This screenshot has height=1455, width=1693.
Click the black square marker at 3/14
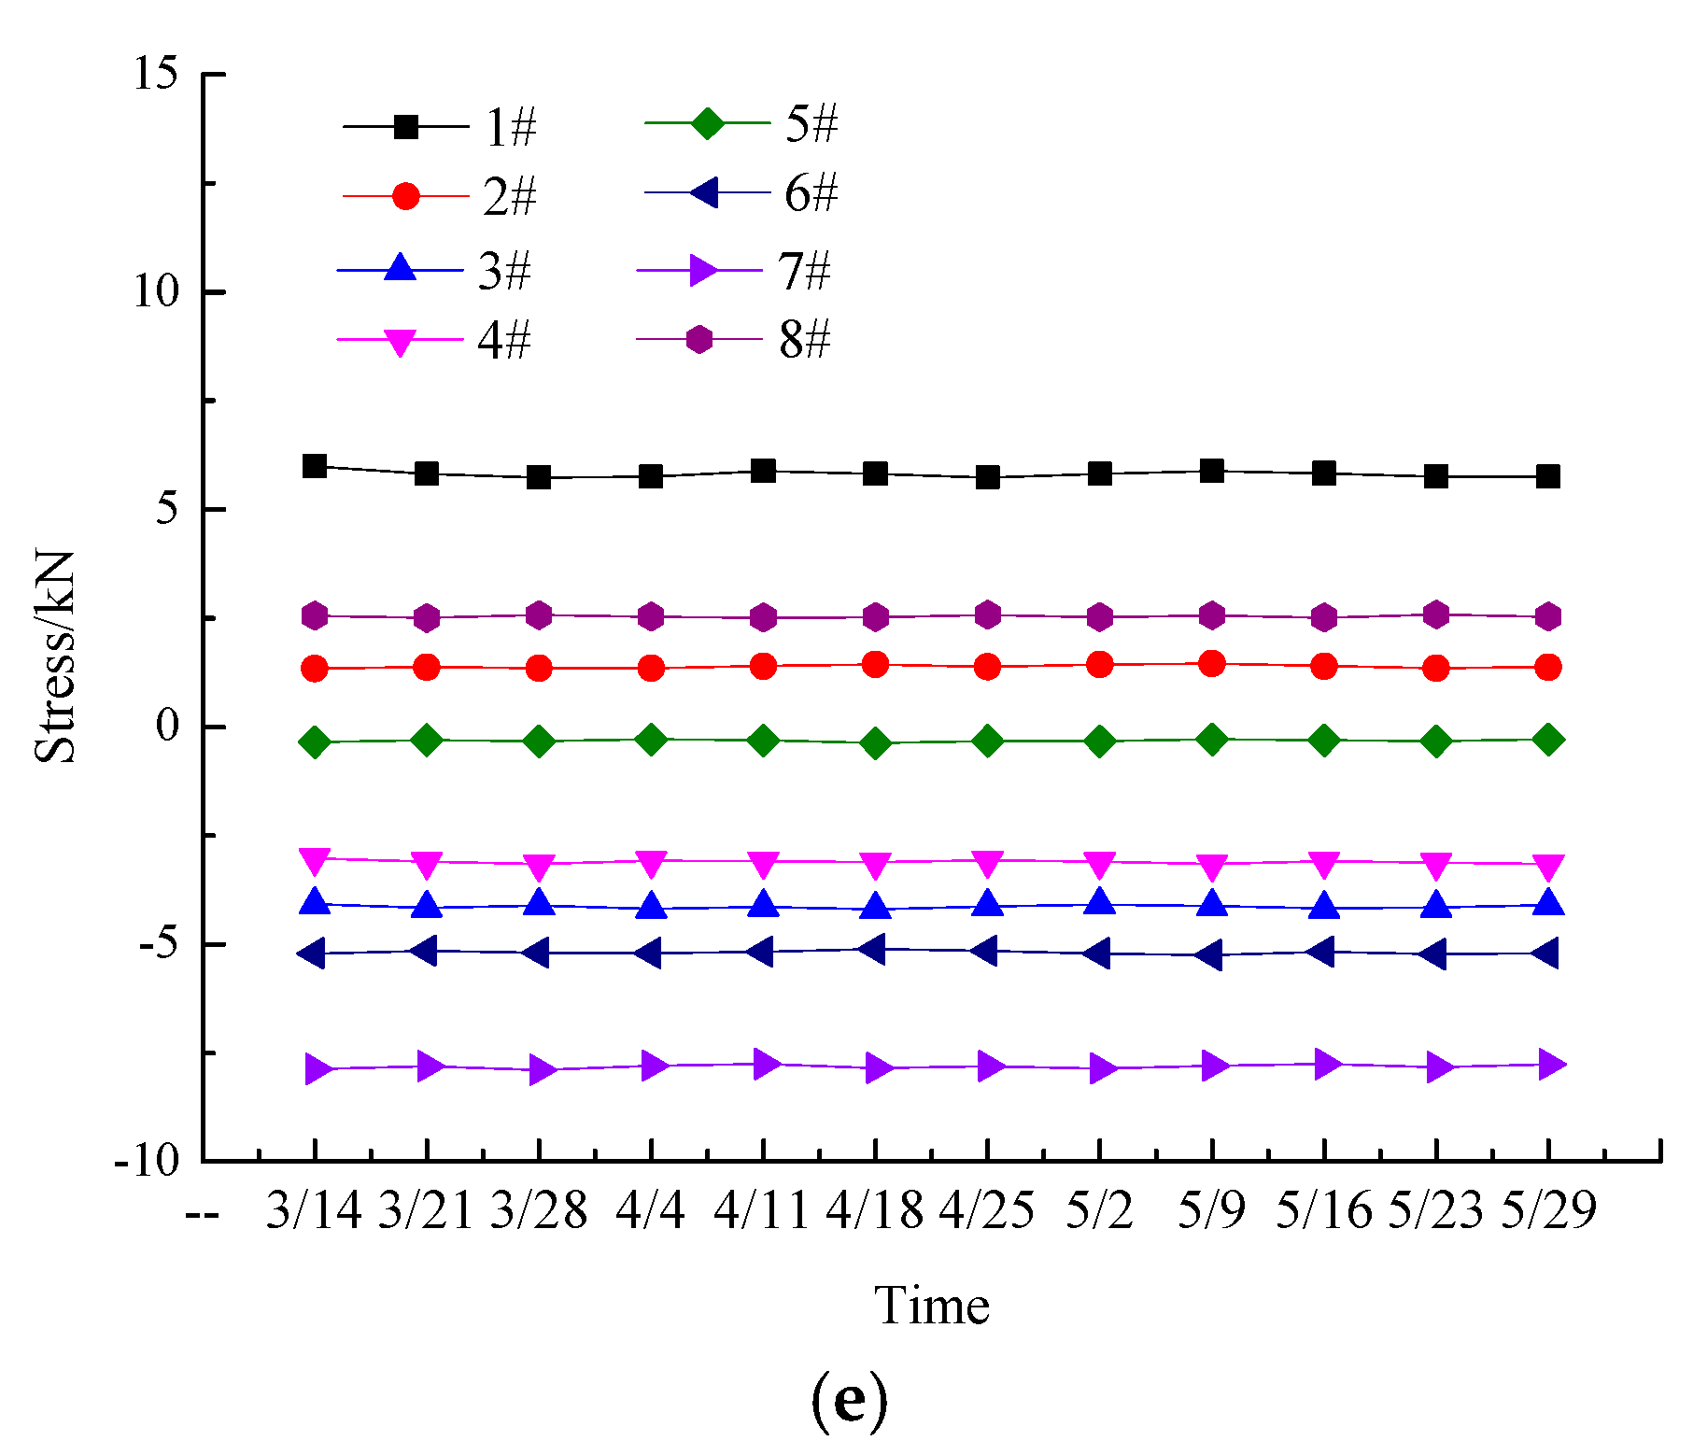(x=315, y=466)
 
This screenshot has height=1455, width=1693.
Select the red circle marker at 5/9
(x=1211, y=664)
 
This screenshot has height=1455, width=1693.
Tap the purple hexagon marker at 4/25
(x=988, y=614)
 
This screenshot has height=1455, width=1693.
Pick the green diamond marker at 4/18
(x=875, y=743)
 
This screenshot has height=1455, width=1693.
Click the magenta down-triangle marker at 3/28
(x=539, y=866)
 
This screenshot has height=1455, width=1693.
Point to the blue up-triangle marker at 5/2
(x=1100, y=903)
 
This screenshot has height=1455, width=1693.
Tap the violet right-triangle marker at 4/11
(x=765, y=1063)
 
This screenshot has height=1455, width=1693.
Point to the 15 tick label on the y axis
(x=155, y=73)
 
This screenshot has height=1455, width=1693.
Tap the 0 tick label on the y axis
(x=168, y=726)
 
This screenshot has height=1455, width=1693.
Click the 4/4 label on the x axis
(x=650, y=1210)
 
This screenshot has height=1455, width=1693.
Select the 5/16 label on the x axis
(x=1323, y=1210)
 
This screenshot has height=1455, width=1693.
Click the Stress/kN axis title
(x=54, y=657)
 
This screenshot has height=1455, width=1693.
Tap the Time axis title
(x=931, y=1306)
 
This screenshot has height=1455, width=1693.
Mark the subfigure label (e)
(x=848, y=1399)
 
